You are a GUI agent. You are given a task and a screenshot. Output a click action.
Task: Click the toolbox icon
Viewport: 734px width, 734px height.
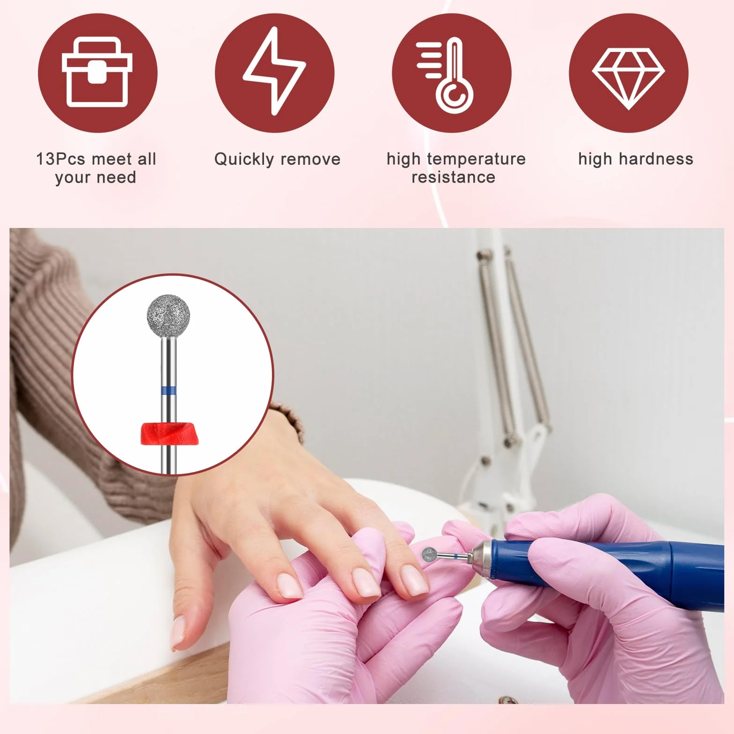(x=97, y=73)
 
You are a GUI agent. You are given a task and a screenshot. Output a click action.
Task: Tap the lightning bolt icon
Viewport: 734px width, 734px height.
(x=274, y=70)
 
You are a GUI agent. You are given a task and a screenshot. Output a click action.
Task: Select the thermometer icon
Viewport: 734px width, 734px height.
(x=447, y=75)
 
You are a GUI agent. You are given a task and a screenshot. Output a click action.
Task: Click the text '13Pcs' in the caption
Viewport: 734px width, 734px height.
(x=60, y=159)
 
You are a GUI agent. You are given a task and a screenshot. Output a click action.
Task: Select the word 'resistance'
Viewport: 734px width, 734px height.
(x=453, y=177)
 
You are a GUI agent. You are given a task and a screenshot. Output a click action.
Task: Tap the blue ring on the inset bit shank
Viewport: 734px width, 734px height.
(x=169, y=390)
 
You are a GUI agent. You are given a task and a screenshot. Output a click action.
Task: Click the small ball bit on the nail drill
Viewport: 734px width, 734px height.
(x=430, y=555)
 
